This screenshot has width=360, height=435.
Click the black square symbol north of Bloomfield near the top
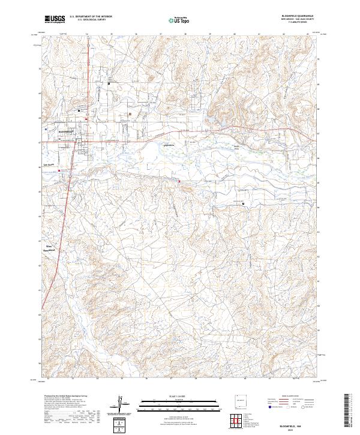coord(109,84)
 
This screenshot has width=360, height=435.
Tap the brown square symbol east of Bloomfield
coord(130,114)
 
